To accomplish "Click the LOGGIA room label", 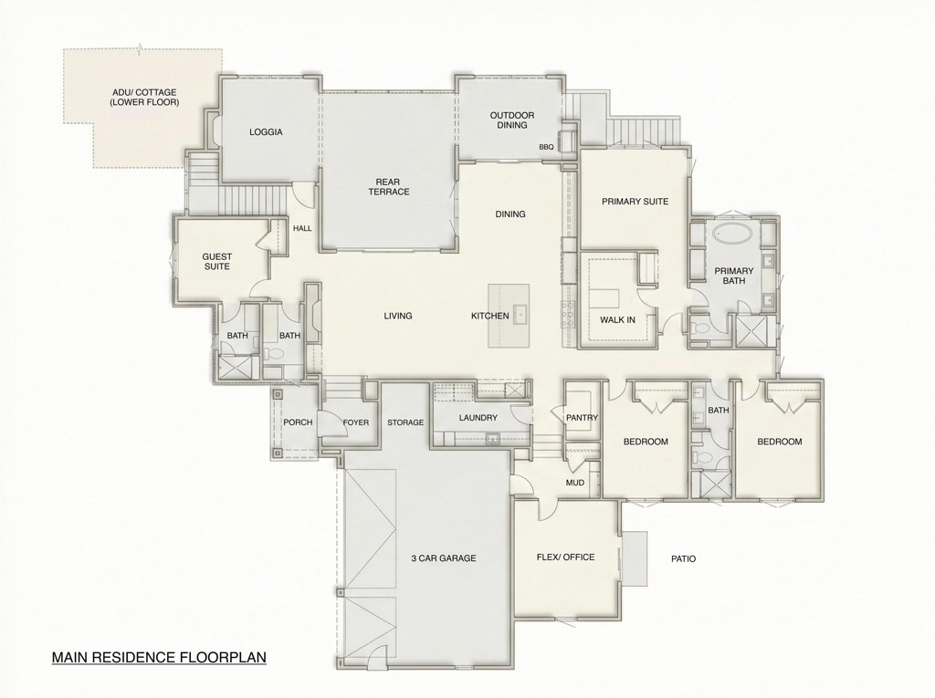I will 266,132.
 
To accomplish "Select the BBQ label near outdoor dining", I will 547,146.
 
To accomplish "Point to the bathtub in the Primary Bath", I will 734,234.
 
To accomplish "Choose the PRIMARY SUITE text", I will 635,202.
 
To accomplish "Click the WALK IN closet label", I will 617,319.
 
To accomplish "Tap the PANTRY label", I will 582,418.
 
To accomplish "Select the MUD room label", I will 574,482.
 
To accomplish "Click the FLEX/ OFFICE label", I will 565,557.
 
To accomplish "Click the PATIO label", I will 683,559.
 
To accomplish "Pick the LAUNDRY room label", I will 478,418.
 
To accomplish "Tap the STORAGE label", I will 405,422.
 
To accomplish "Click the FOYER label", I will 355,422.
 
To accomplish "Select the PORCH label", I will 298,422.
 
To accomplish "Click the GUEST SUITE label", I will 216,263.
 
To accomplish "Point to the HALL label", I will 301,229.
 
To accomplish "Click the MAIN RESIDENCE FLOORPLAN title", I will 159,656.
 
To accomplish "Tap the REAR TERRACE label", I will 388,186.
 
